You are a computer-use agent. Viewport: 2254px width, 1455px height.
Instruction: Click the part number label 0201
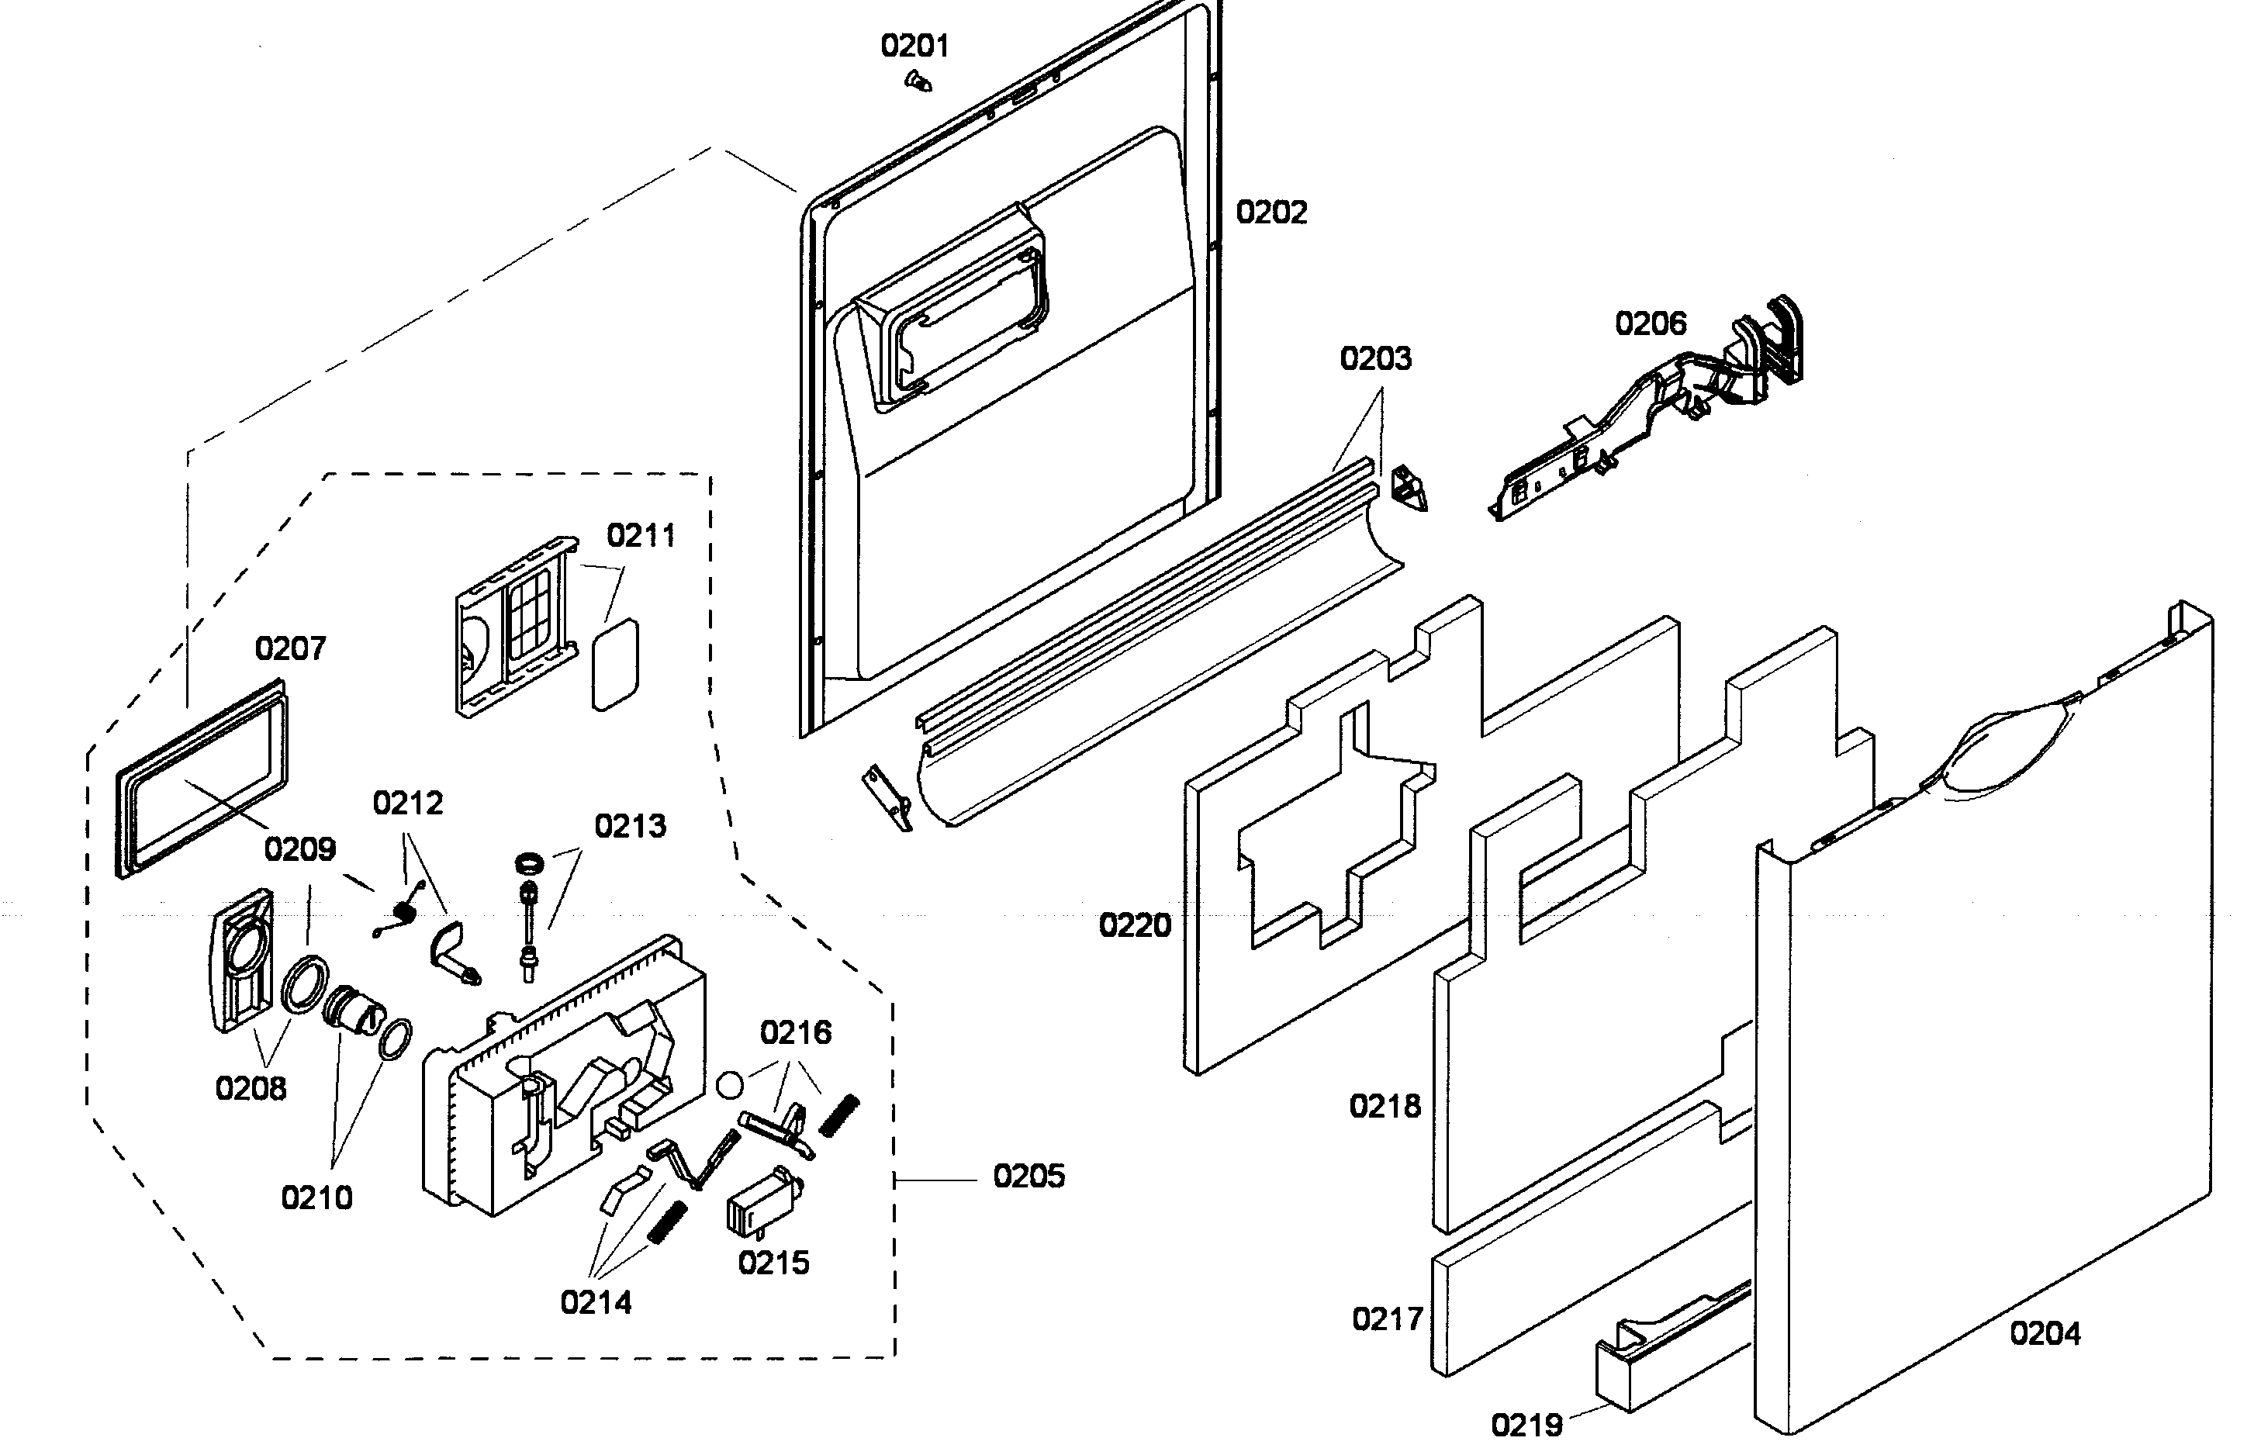tap(914, 45)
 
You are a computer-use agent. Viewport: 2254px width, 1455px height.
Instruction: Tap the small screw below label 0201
tap(916, 83)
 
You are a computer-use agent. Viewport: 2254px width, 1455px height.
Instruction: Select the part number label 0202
tap(1270, 213)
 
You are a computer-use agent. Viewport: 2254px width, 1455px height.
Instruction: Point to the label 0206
tap(1650, 324)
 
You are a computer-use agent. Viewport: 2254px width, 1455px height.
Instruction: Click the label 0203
tap(1374, 359)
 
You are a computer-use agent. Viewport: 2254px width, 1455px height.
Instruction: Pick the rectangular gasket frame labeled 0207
tap(201, 779)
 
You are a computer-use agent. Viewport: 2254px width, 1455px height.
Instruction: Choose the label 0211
tap(641, 536)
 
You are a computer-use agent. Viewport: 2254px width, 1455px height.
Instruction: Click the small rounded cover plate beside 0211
tap(614, 664)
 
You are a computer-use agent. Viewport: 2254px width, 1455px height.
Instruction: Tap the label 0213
tap(630, 826)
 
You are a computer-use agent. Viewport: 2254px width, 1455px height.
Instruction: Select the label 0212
tap(407, 803)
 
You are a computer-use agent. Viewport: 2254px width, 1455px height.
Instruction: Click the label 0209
tap(299, 849)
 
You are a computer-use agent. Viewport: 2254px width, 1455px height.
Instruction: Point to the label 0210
tap(316, 1198)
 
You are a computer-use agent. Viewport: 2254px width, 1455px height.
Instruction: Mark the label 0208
tap(251, 1088)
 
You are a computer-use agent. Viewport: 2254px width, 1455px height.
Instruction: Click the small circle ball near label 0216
tap(729, 1084)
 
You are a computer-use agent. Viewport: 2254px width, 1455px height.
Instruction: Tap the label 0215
tap(773, 1263)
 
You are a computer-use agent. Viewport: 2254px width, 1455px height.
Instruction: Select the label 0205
tap(1028, 1177)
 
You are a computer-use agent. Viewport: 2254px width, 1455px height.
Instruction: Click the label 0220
tap(1134, 925)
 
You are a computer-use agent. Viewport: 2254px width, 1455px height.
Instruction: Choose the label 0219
tap(1526, 1424)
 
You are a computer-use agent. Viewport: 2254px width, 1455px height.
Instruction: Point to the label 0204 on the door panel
tap(2045, 1333)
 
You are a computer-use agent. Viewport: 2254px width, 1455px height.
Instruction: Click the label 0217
tap(1387, 1319)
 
